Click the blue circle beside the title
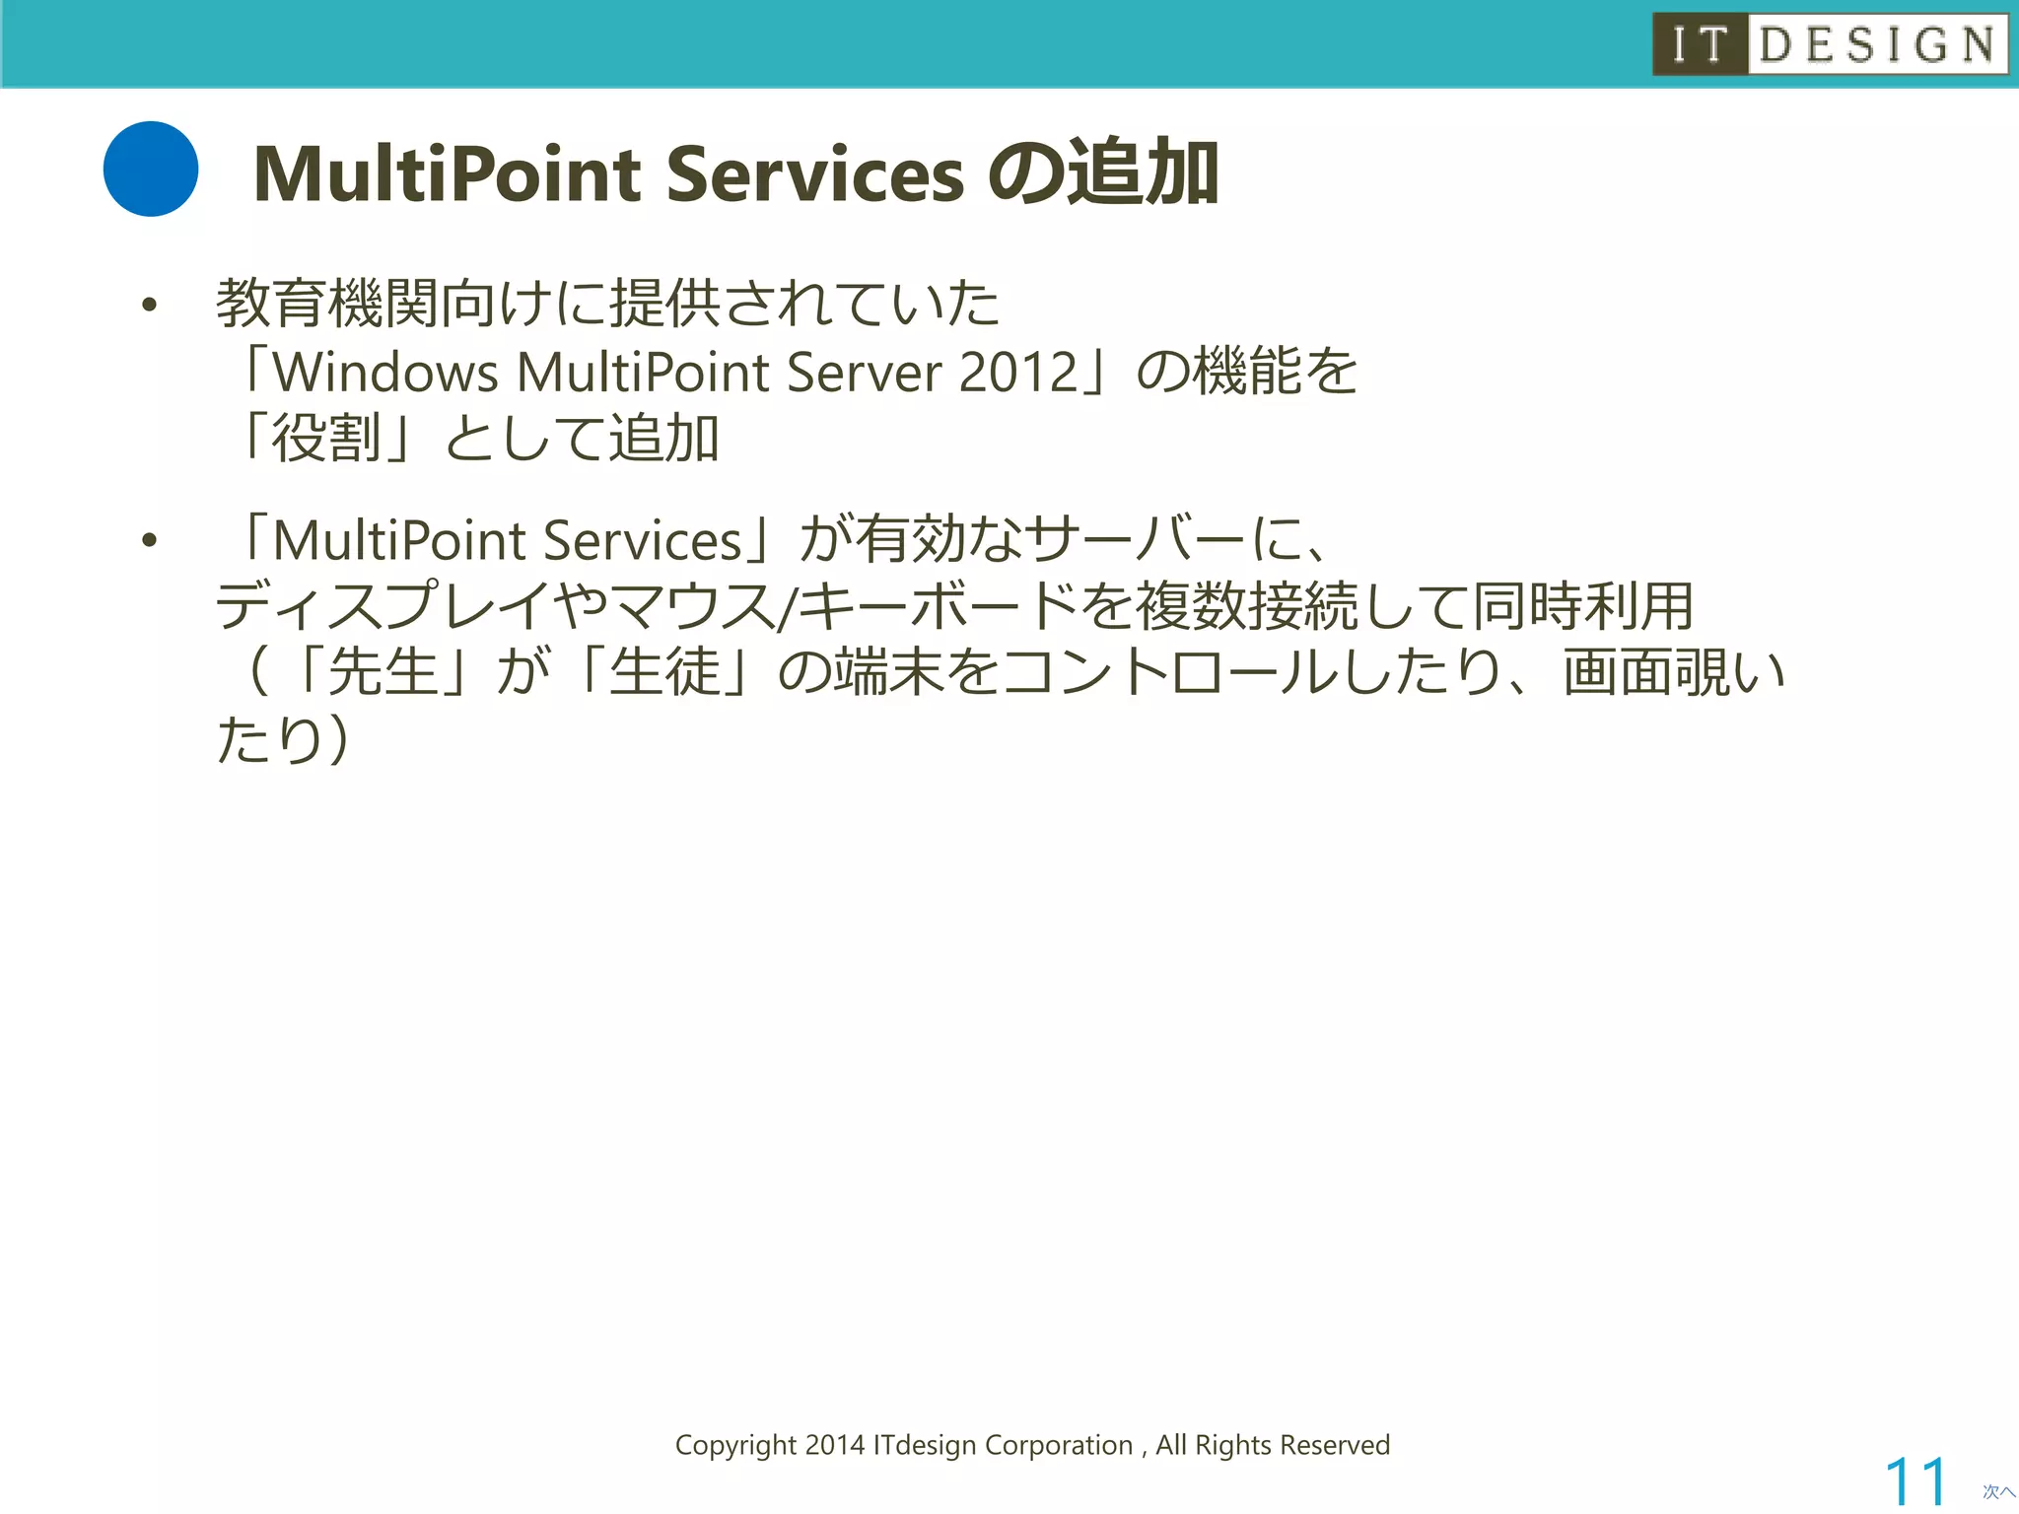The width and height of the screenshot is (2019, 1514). [x=151, y=169]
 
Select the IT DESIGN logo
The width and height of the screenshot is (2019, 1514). [x=1830, y=44]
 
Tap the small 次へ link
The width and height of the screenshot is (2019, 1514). [x=1998, y=1491]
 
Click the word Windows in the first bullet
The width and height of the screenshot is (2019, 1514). [x=385, y=373]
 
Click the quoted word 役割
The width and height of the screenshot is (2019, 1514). [x=326, y=439]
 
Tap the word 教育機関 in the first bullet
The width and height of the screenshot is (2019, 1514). [x=327, y=304]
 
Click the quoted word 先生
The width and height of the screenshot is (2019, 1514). [x=383, y=673]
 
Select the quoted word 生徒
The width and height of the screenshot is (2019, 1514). [x=664, y=673]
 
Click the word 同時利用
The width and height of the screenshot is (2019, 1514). [x=1583, y=606]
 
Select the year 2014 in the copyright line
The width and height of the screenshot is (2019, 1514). [x=834, y=1445]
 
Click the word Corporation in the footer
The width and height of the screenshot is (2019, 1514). [x=1059, y=1445]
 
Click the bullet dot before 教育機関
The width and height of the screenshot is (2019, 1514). [x=149, y=306]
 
